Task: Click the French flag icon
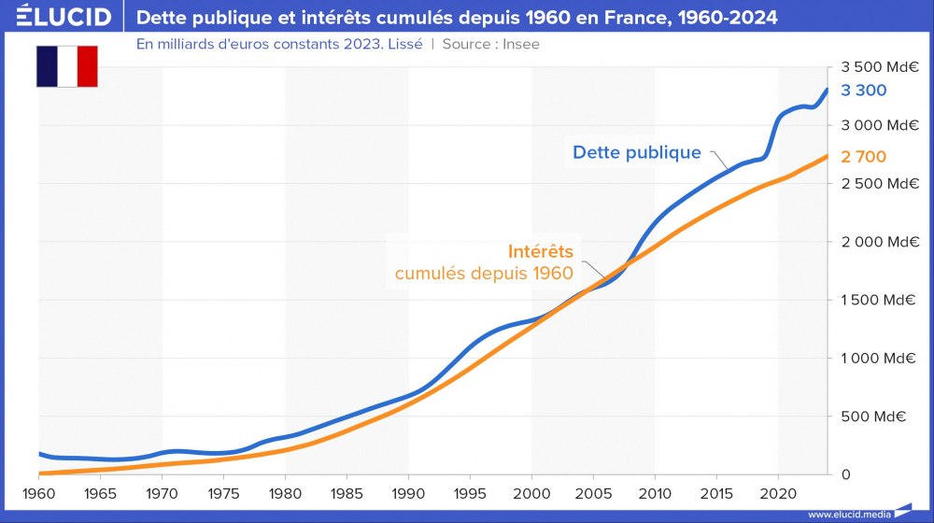tap(67, 66)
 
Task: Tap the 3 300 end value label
tap(864, 91)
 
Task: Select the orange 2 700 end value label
tap(864, 157)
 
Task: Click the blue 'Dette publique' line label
tap(636, 152)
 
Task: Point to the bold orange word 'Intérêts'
tap(541, 251)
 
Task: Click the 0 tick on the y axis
tap(845, 474)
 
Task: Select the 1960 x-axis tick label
tap(38, 492)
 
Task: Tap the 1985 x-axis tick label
tap(347, 492)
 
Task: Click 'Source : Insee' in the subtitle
tap(490, 44)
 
